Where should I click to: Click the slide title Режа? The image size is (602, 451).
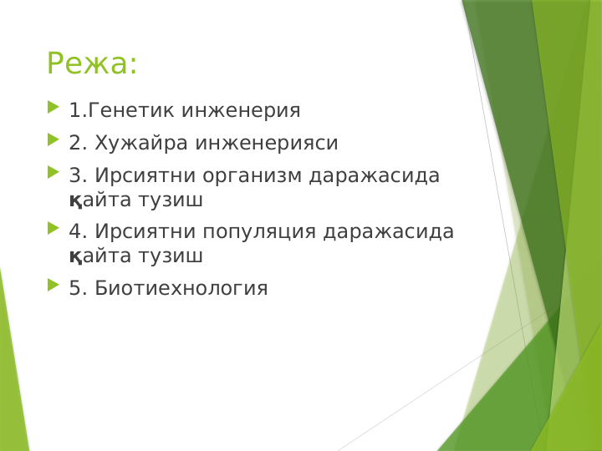pyautogui.click(x=92, y=64)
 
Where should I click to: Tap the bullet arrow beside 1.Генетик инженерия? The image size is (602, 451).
pyautogui.click(x=54, y=108)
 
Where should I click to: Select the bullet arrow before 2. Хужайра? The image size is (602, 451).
pyautogui.click(x=54, y=140)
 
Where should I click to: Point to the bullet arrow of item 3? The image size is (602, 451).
pyautogui.click(x=54, y=173)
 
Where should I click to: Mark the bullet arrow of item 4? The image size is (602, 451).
pyautogui.click(x=54, y=229)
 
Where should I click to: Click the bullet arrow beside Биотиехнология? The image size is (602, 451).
pyautogui.click(x=54, y=286)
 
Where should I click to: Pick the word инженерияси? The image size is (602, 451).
pyautogui.click(x=266, y=143)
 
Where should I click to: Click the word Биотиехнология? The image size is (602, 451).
pyautogui.click(x=181, y=289)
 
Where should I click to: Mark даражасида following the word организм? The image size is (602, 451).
pyautogui.click(x=375, y=176)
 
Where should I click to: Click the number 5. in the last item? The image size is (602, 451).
pyautogui.click(x=78, y=289)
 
